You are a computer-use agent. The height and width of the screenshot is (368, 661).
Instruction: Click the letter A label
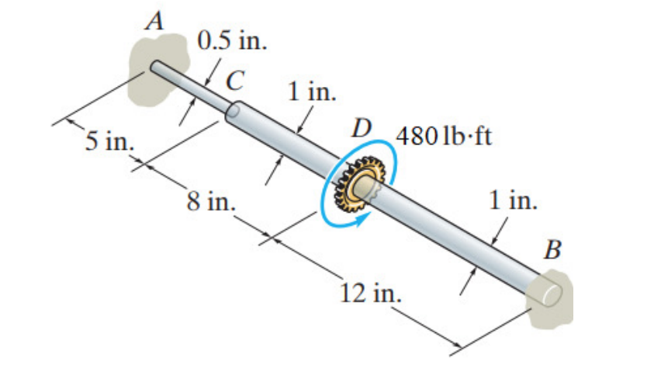click(157, 21)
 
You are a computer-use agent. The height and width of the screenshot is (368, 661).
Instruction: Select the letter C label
click(233, 78)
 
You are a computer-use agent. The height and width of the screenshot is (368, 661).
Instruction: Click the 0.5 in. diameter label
click(232, 41)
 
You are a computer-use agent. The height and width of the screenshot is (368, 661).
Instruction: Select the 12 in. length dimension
click(371, 294)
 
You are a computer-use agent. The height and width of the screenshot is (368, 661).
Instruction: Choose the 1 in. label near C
click(313, 92)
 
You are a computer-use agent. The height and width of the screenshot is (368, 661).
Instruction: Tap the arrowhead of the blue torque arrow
click(357, 222)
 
